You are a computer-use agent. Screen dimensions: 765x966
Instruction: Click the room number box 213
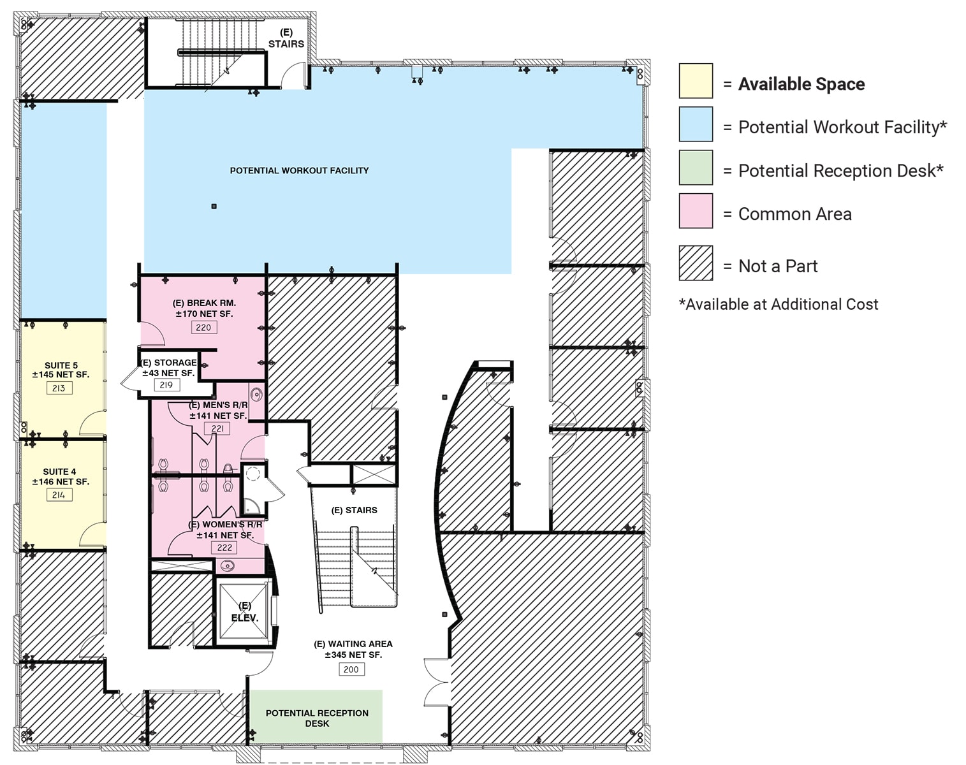pyautogui.click(x=59, y=388)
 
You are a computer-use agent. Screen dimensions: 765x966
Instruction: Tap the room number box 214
pyautogui.click(x=59, y=495)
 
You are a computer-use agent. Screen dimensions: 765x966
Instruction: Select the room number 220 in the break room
pyautogui.click(x=203, y=328)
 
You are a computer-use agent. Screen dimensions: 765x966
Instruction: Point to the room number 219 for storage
pyautogui.click(x=166, y=385)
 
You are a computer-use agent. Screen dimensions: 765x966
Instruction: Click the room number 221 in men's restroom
pyautogui.click(x=217, y=428)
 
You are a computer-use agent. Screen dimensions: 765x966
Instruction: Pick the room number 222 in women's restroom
pyautogui.click(x=224, y=548)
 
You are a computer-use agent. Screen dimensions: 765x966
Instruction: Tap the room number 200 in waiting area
pyautogui.click(x=351, y=669)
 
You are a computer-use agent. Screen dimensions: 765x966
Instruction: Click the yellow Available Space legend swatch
pyautogui.click(x=696, y=80)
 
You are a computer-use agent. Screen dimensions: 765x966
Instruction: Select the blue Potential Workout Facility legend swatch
pyautogui.click(x=696, y=124)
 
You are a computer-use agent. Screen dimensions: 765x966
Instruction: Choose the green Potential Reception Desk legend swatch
pyautogui.click(x=696, y=167)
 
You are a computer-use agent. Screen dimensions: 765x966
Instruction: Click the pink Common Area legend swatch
pyautogui.click(x=696, y=210)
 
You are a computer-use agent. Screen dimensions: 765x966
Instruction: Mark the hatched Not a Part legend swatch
pyautogui.click(x=696, y=263)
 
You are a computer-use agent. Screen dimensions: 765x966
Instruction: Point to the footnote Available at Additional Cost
pyautogui.click(x=779, y=305)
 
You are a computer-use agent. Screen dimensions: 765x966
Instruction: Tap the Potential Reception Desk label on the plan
pyautogui.click(x=317, y=718)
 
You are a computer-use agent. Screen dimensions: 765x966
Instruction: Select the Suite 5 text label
pyautogui.click(x=61, y=366)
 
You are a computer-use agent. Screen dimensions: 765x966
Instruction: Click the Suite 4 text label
pyautogui.click(x=60, y=472)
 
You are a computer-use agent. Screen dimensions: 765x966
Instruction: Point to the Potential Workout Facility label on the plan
pyautogui.click(x=299, y=171)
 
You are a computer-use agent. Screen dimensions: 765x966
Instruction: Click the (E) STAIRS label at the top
pyautogui.click(x=286, y=38)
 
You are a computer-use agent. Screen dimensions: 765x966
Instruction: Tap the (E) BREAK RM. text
pyautogui.click(x=204, y=303)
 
